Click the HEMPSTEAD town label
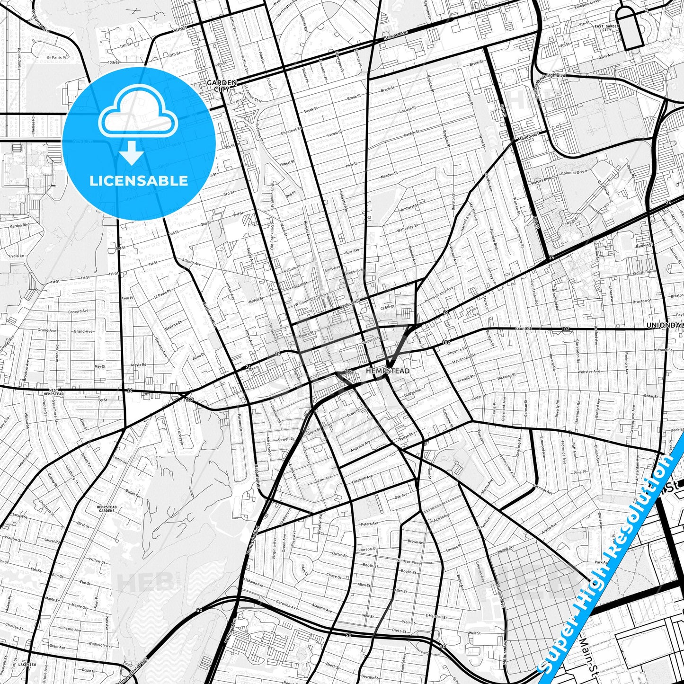(x=388, y=372)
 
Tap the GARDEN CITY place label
(x=222, y=86)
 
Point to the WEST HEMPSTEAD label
(x=53, y=391)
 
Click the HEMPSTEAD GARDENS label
(x=106, y=509)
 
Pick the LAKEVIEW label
(x=27, y=665)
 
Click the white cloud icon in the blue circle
(x=138, y=112)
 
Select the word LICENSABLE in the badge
(x=139, y=180)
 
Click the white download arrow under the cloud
(x=132, y=152)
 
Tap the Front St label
(x=524, y=328)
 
